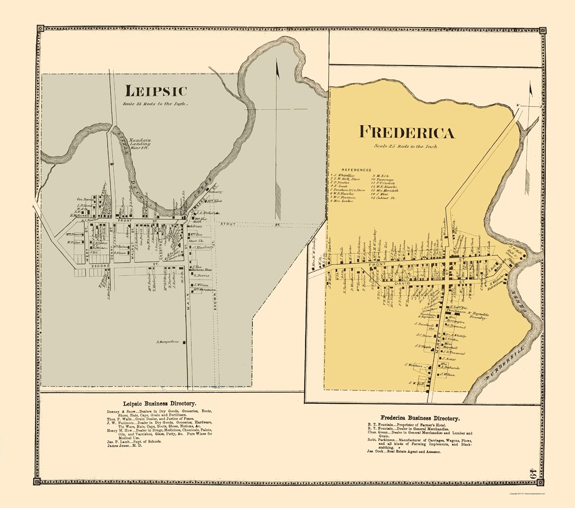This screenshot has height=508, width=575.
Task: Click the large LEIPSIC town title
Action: click(x=156, y=91)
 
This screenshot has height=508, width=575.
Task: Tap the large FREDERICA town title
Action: click(x=407, y=132)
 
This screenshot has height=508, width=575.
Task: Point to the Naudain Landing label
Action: click(x=140, y=144)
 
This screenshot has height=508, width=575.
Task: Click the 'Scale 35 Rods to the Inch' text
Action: click(x=155, y=104)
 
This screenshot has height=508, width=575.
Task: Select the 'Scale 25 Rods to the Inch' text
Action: click(x=406, y=146)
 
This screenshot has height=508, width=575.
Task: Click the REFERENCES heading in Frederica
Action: click(x=356, y=170)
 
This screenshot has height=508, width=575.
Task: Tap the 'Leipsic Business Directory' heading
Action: click(x=159, y=403)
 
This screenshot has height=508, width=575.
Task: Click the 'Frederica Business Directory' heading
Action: click(x=420, y=418)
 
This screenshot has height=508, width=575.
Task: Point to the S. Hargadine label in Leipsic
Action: click(x=168, y=342)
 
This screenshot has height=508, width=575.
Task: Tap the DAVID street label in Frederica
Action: click(x=402, y=283)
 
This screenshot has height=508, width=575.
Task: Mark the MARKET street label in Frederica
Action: click(x=438, y=341)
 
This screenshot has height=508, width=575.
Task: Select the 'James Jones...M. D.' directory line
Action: click(x=125, y=446)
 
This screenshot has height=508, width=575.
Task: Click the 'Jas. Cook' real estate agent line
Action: click(x=404, y=452)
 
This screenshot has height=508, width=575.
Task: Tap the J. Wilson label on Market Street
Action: click(x=447, y=374)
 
